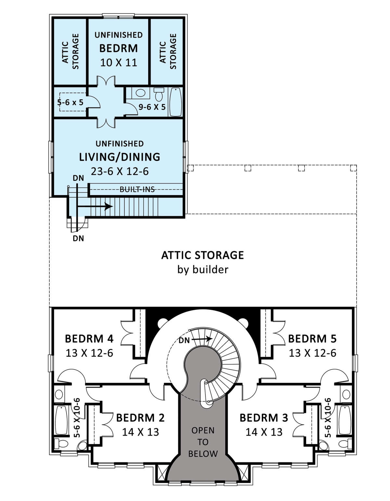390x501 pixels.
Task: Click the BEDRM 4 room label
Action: point(89,339)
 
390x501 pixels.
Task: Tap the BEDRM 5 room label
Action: point(312,339)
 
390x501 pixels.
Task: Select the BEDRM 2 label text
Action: point(140,417)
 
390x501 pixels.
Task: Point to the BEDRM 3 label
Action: point(264,417)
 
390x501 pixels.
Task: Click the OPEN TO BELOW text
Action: point(203,442)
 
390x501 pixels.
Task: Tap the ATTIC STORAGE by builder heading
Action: point(202,255)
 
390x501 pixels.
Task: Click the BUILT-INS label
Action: point(137,189)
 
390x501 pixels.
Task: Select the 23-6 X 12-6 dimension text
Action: point(120,171)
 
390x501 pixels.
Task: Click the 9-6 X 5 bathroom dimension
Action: point(152,107)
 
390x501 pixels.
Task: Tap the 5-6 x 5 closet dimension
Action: point(70,102)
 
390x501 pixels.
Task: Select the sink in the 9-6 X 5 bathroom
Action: point(140,93)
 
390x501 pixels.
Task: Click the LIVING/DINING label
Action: point(120,157)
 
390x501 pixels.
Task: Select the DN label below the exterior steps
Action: point(78,238)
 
